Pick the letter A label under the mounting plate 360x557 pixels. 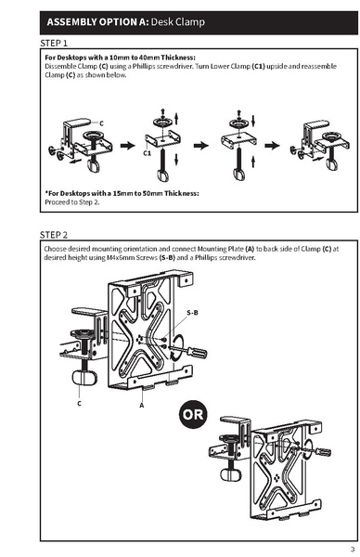click(140, 405)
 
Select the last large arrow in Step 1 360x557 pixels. click(270, 145)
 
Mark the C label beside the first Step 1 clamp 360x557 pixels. click(101, 123)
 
